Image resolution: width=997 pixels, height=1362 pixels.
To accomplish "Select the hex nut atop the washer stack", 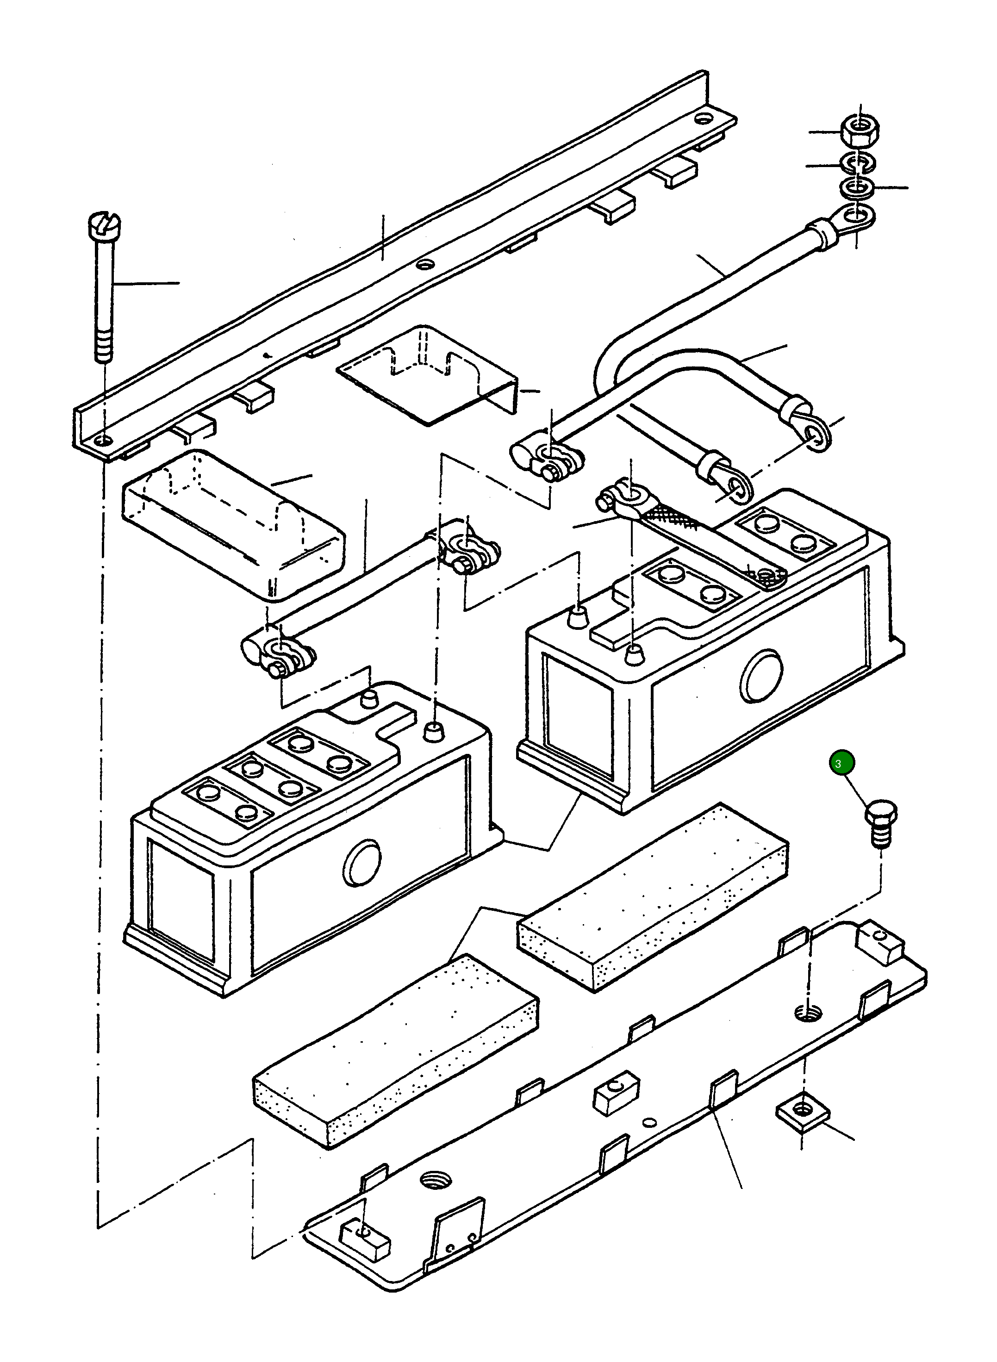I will (860, 130).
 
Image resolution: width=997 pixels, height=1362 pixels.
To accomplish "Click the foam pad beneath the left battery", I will (395, 1050).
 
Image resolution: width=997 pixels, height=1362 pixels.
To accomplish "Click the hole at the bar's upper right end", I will (702, 118).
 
